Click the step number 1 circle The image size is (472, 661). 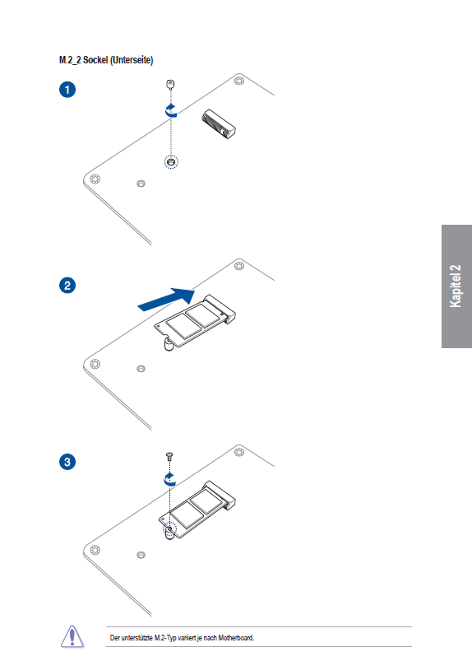(67, 90)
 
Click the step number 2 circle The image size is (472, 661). (67, 286)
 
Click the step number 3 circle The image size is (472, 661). (67, 462)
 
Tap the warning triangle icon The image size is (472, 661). (72, 636)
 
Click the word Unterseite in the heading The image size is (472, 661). (132, 60)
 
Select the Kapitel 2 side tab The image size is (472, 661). (456, 286)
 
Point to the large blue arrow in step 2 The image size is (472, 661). (166, 299)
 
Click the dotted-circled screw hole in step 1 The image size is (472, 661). (171, 162)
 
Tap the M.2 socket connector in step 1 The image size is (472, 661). (219, 124)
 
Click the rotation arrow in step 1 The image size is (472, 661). (171, 111)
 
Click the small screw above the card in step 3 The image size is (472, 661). (169, 456)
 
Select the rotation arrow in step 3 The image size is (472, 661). (169, 480)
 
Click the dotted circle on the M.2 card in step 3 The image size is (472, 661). (169, 528)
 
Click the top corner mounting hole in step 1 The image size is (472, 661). (239, 81)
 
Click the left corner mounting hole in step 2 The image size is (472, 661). (95, 364)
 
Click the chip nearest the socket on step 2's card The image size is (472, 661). (203, 315)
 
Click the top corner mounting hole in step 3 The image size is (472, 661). (239, 453)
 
